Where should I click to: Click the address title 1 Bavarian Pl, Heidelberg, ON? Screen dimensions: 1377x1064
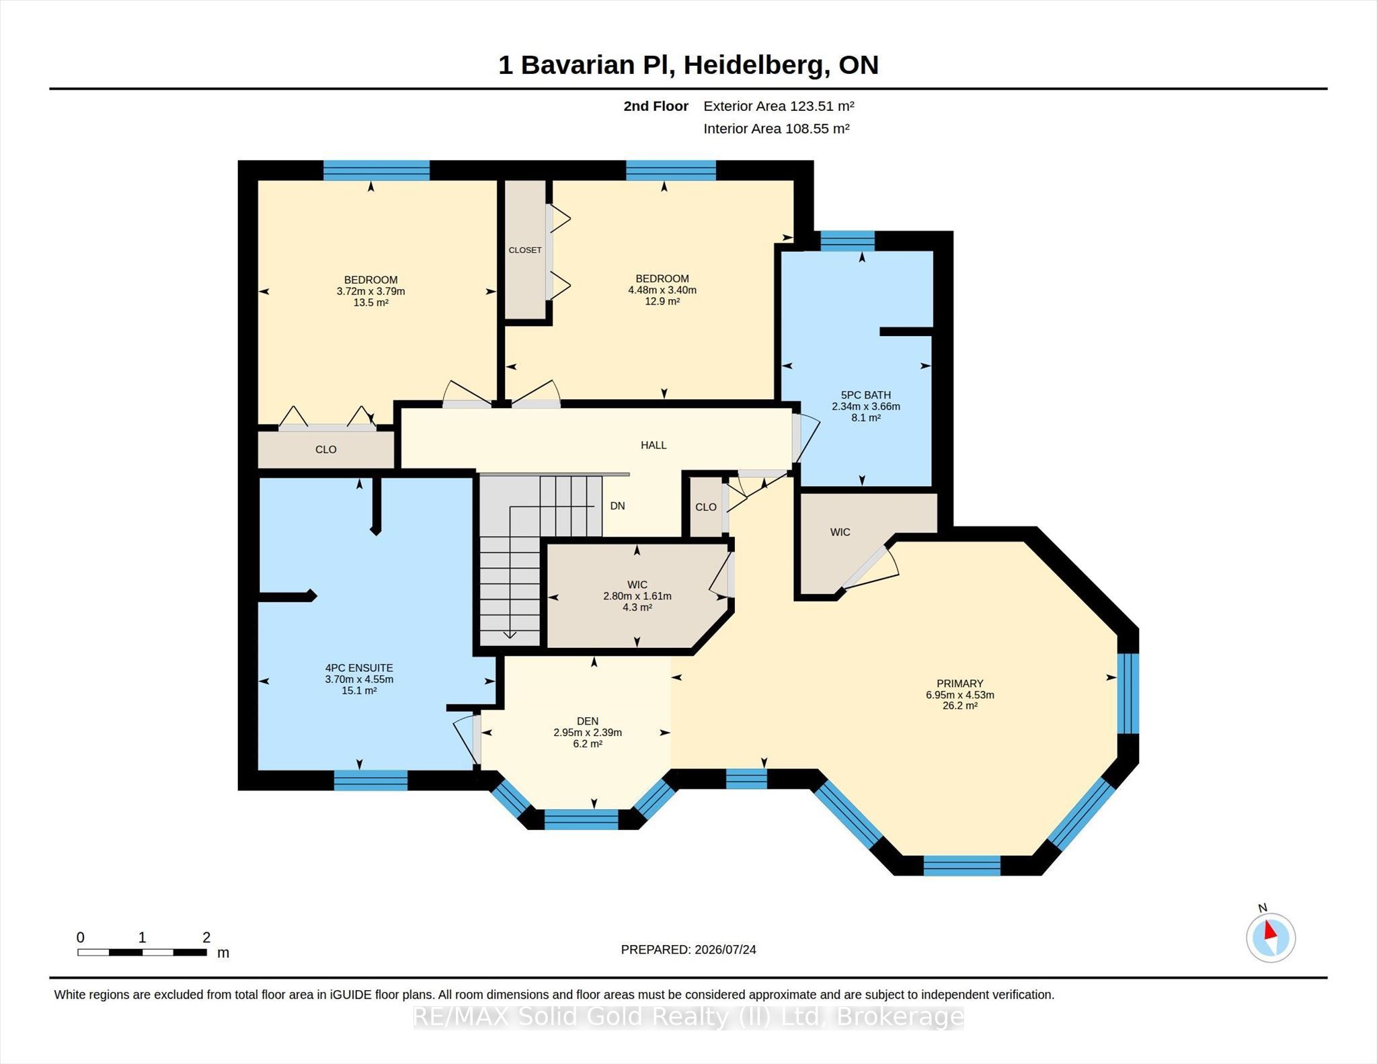[x=688, y=65]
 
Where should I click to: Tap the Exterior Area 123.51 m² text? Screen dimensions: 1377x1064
[x=779, y=106]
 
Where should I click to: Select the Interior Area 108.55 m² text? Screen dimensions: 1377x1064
[x=777, y=128]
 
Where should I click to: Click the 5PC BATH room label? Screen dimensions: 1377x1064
[x=866, y=395]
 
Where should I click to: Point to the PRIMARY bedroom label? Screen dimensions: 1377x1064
[x=959, y=684]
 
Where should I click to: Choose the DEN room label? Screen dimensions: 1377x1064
[x=588, y=721]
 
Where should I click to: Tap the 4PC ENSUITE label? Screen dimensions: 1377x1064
[x=359, y=668]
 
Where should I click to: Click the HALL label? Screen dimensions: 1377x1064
[x=654, y=445]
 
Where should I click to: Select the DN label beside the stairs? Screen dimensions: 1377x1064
[x=617, y=506]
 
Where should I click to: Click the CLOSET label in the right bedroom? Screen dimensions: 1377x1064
[x=525, y=250]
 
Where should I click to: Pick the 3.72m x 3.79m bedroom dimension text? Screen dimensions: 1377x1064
[x=371, y=291]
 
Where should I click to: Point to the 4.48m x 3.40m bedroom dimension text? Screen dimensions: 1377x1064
[x=662, y=290]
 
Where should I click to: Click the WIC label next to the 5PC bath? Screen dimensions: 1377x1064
[x=840, y=532]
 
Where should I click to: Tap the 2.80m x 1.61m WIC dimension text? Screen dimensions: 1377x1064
[x=637, y=596]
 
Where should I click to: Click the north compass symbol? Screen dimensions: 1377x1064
[x=1270, y=936]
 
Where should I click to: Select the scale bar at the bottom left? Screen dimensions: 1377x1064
[x=143, y=952]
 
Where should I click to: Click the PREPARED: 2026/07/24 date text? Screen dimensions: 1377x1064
[x=688, y=950]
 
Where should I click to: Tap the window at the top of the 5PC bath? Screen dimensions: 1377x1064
[x=847, y=241]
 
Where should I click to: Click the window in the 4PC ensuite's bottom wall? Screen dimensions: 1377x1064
[x=371, y=780]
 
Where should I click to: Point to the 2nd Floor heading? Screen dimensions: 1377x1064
[x=656, y=106]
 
